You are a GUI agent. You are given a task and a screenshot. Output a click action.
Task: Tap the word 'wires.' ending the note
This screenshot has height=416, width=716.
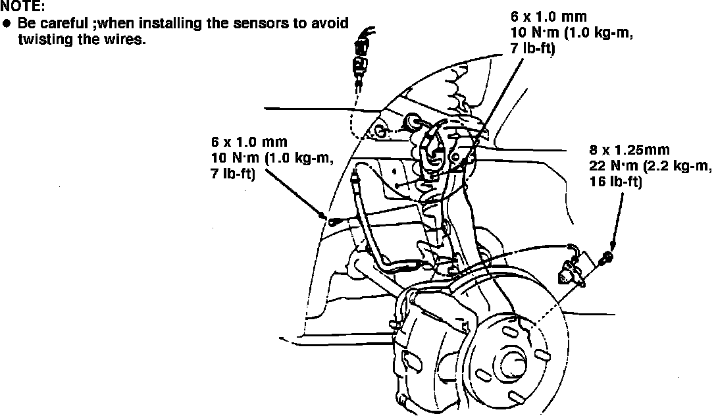pyautogui.click(x=119, y=39)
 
